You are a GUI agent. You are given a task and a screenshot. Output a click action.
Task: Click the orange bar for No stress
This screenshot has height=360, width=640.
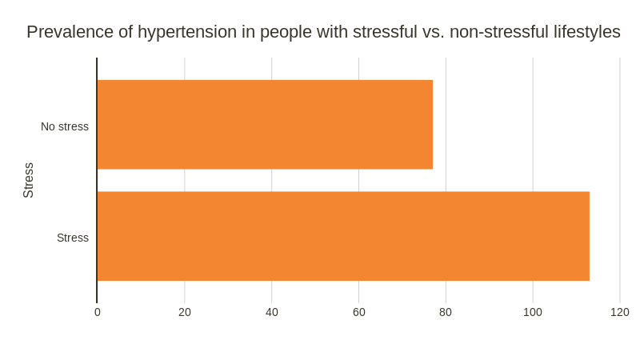[x=265, y=125]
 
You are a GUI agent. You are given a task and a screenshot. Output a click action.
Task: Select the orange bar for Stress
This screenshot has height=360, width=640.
[x=343, y=236]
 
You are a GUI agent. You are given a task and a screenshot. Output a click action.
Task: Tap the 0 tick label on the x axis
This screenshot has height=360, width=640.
[x=98, y=312]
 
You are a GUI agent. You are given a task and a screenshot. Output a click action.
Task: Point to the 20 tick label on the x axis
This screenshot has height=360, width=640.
[x=185, y=312]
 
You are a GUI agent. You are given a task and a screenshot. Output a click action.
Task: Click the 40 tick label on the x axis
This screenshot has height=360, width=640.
[x=272, y=312]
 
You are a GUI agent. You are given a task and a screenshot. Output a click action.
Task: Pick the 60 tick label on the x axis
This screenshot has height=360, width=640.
[x=359, y=312]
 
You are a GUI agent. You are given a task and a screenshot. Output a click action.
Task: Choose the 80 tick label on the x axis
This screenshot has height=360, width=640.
[x=446, y=312]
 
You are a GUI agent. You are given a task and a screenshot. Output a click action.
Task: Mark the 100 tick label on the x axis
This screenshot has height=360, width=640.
[x=533, y=312]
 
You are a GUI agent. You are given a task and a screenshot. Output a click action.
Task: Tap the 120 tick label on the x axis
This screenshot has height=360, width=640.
[x=620, y=312]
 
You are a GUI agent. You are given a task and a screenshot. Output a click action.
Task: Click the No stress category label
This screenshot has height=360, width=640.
[x=65, y=126]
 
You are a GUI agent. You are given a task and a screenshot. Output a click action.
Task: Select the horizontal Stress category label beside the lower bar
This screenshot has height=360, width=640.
[x=73, y=238]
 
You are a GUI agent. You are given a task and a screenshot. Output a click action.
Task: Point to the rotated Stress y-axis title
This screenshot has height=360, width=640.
[x=29, y=180]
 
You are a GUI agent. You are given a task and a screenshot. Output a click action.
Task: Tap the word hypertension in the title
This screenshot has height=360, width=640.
[x=187, y=32]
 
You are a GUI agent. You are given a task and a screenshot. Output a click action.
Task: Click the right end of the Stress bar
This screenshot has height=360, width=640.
[x=588, y=236]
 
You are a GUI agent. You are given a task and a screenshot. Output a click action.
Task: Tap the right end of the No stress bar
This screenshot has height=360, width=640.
[x=431, y=125]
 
